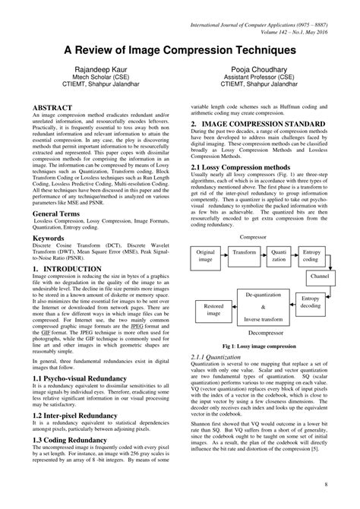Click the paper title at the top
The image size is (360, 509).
click(179, 49)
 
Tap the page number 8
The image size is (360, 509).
click(325, 484)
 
